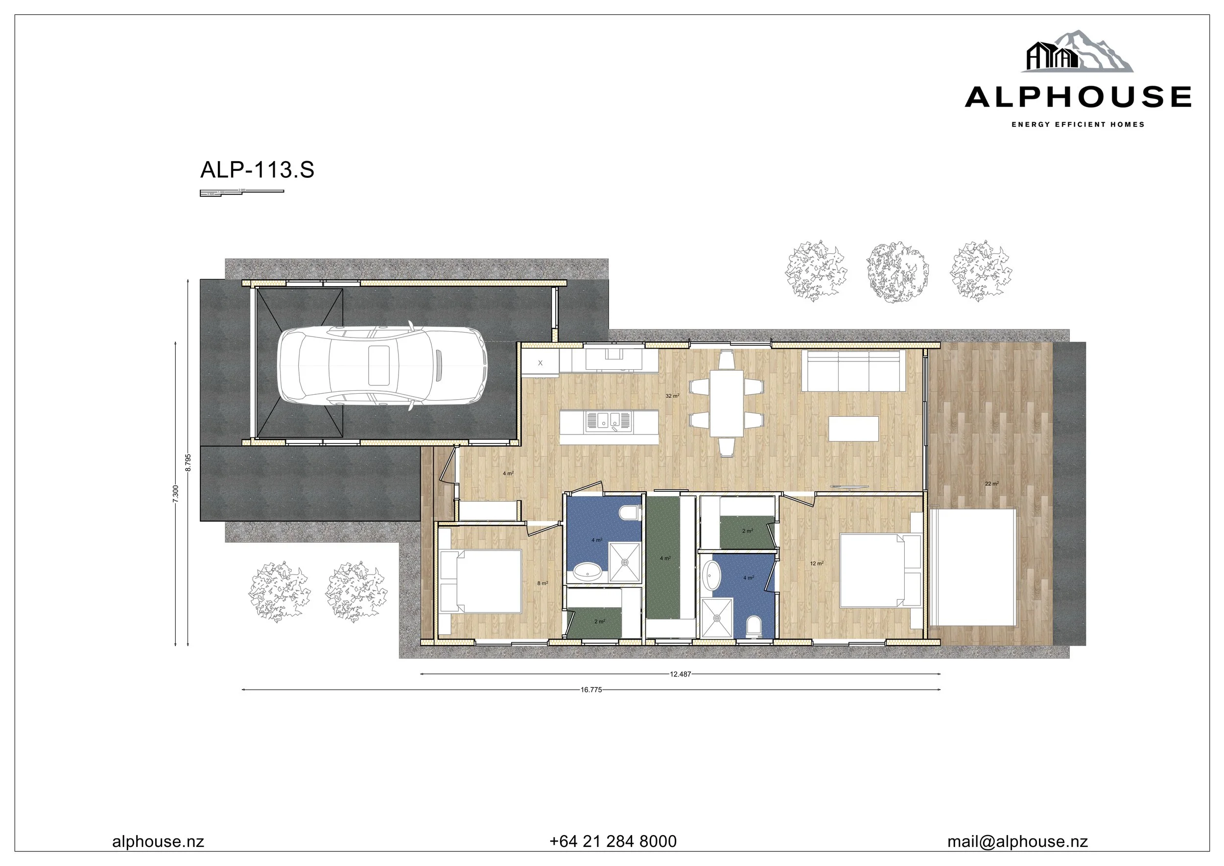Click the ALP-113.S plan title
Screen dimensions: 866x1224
257,170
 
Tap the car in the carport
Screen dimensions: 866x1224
382,365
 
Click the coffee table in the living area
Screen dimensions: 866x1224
853,429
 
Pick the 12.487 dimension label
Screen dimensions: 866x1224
680,674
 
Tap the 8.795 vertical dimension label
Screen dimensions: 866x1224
188,462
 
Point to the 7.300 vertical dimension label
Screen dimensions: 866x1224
175,493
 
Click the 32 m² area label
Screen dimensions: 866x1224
672,396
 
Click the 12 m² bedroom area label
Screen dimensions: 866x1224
817,564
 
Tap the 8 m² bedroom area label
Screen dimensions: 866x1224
542,583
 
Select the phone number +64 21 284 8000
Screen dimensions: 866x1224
613,842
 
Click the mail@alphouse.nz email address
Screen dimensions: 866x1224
1017,842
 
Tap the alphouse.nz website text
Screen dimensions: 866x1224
158,842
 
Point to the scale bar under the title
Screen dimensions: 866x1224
241,192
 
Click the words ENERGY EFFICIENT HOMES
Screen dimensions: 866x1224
1078,125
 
